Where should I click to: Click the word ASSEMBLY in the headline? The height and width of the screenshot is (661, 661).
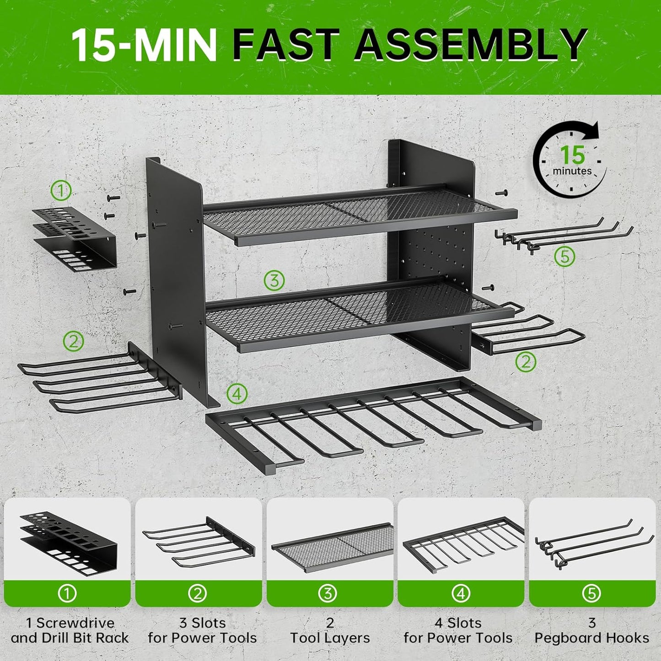(x=470, y=44)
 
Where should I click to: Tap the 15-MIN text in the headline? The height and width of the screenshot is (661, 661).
(x=144, y=44)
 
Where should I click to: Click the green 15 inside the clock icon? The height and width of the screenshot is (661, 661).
(x=573, y=156)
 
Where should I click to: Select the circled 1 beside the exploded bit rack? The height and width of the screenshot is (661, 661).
(x=61, y=190)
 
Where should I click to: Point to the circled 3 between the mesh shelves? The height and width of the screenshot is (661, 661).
(x=274, y=279)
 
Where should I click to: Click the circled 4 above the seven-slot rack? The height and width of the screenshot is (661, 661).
(x=237, y=393)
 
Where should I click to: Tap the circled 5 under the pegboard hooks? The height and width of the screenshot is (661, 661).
(x=564, y=257)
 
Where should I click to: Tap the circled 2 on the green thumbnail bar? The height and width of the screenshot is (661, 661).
(x=198, y=593)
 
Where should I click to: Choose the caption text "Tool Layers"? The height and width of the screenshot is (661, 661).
(x=330, y=638)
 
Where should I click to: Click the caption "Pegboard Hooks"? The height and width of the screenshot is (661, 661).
(x=592, y=638)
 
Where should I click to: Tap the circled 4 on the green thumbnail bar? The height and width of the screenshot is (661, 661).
(x=461, y=593)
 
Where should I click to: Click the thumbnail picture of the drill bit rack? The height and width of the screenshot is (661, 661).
(x=68, y=540)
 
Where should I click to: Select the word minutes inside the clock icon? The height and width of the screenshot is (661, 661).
(x=572, y=171)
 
